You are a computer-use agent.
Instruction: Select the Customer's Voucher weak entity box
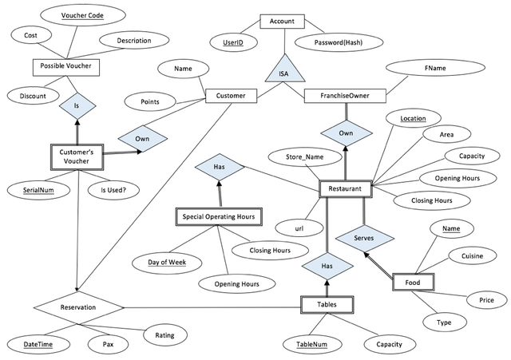click(79, 156)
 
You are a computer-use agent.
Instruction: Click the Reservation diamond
click(78, 307)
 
